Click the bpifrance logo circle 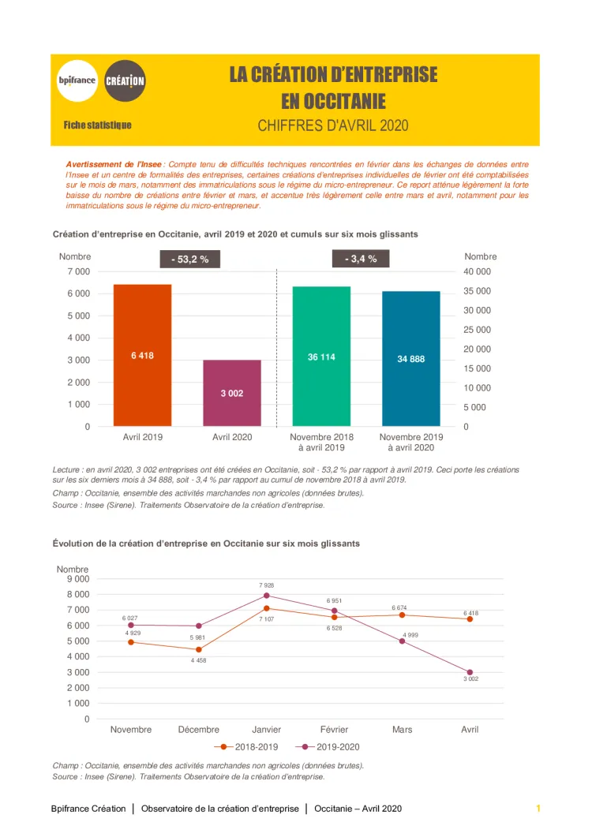click(x=77, y=80)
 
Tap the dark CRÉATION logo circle click(x=125, y=80)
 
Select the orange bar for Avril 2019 click(x=142, y=355)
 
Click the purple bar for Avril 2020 click(x=231, y=393)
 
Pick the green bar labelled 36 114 click(x=321, y=356)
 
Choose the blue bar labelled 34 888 click(x=410, y=358)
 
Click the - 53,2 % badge click(x=189, y=259)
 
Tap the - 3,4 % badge click(x=361, y=258)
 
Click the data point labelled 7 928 click(x=267, y=596)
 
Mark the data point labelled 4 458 click(x=199, y=649)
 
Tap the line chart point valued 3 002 click(x=470, y=672)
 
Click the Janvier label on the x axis click(x=267, y=730)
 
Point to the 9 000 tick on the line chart click(x=77, y=579)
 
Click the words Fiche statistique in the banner click(x=98, y=125)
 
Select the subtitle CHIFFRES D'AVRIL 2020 click(x=333, y=125)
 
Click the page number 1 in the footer click(x=538, y=809)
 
